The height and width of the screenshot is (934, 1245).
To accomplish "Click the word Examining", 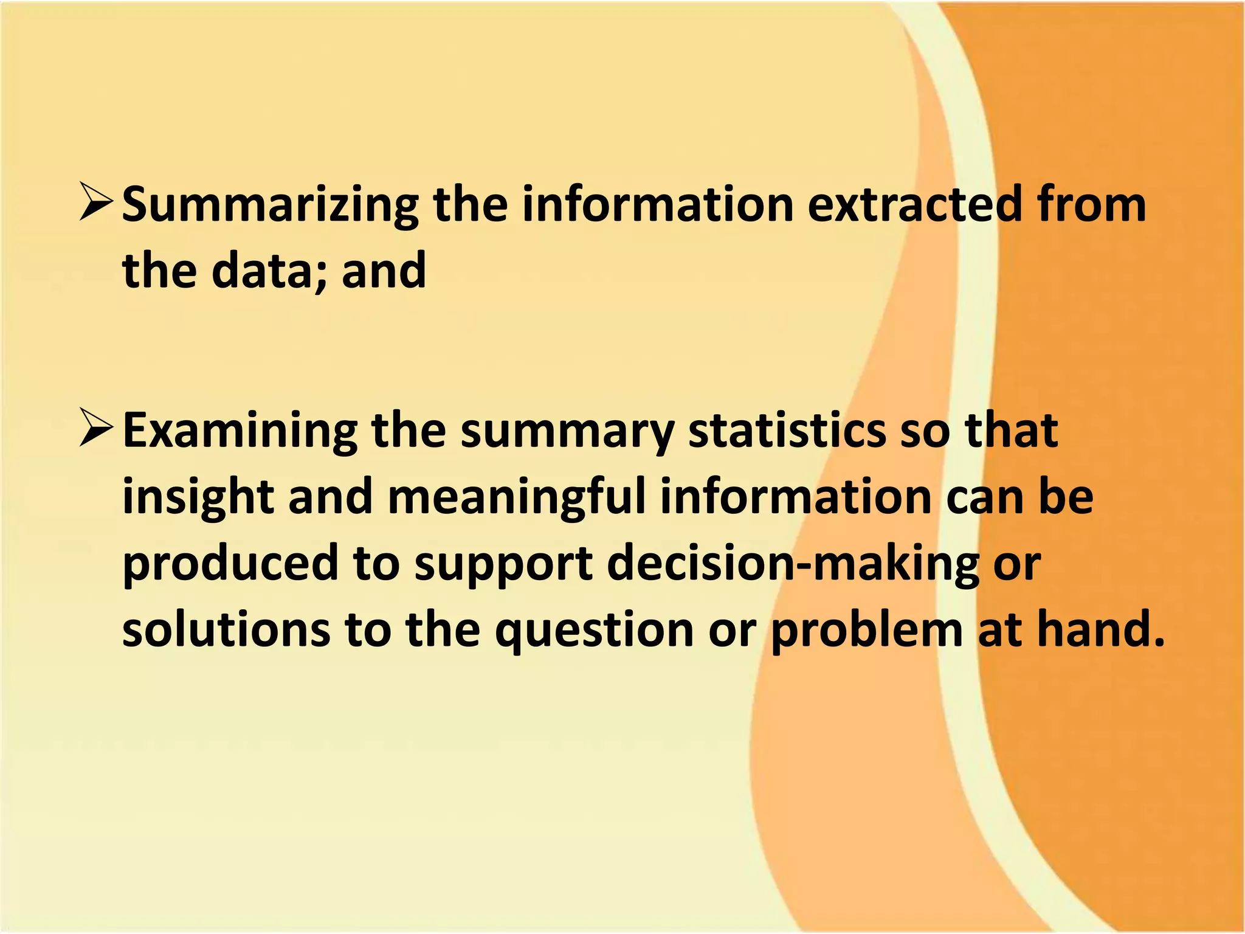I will tap(240, 431).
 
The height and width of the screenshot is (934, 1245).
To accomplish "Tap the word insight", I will tap(198, 497).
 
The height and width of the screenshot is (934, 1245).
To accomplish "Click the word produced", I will tap(230, 563).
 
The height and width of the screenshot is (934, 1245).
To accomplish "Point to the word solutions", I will tap(226, 629).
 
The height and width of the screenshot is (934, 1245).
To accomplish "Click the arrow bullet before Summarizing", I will tap(95, 204).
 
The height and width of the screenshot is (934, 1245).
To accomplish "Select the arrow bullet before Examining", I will tap(95, 429).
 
